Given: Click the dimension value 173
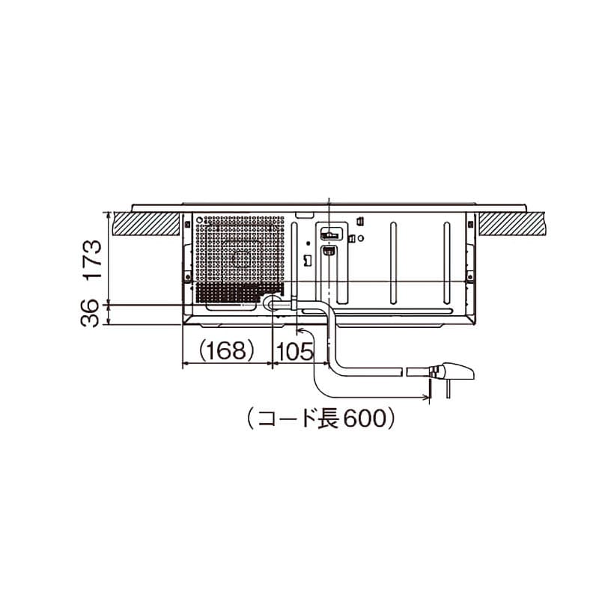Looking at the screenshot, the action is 92,260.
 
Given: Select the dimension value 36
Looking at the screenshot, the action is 90,313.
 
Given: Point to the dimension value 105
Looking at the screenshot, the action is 294,351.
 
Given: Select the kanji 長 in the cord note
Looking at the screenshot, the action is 326,418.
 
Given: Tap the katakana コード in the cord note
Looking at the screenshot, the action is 283,418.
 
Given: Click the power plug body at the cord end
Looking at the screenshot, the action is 457,371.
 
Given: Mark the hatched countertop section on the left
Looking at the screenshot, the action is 146,223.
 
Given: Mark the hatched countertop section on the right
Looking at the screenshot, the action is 512,223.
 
